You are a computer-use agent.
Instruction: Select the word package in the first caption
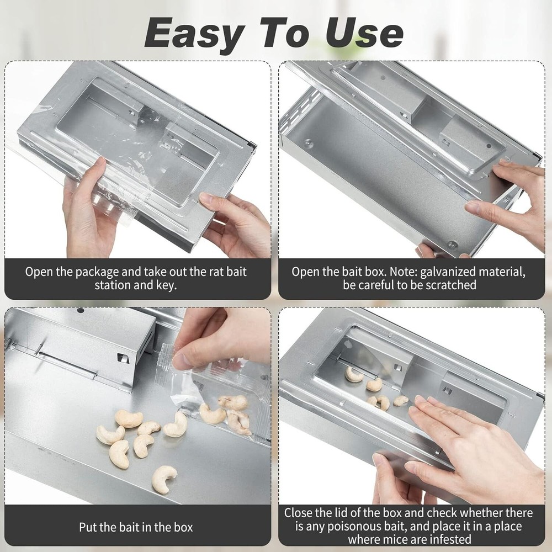click(94, 272)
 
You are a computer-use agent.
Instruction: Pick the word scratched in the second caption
click(450, 285)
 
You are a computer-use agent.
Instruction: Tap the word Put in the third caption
click(89, 527)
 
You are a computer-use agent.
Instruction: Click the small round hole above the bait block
click(81, 311)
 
